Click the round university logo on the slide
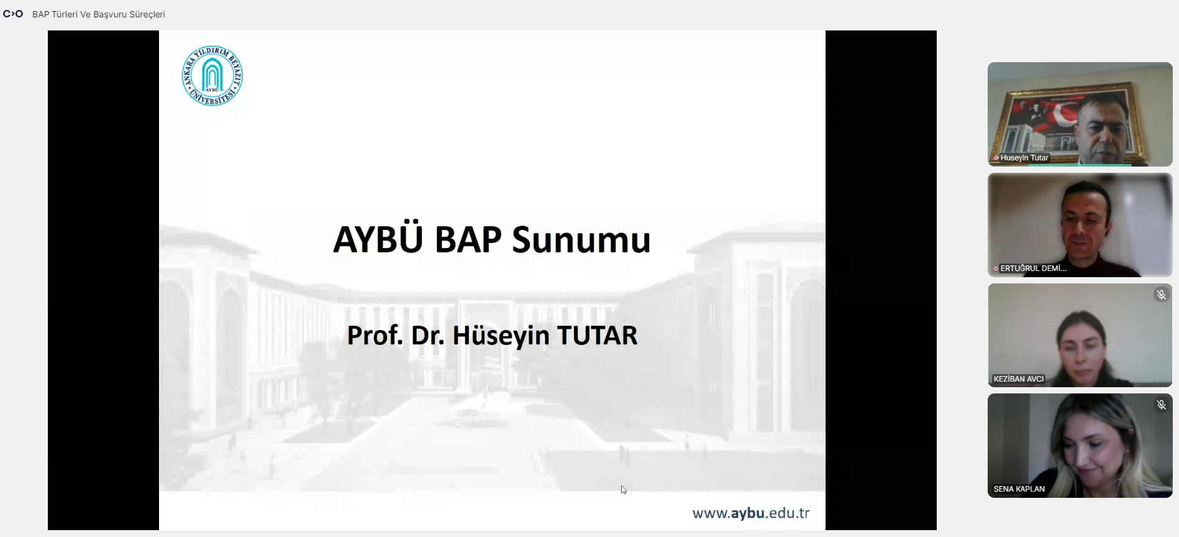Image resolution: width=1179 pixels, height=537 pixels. click(x=212, y=76)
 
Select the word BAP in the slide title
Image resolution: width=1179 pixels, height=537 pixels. click(x=468, y=240)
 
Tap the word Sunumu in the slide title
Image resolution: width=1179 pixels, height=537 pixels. click(x=581, y=241)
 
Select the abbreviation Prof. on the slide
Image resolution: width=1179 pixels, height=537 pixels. click(x=375, y=336)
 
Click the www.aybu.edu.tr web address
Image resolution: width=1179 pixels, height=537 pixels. click(x=751, y=513)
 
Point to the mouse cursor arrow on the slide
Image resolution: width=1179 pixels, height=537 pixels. click(x=624, y=490)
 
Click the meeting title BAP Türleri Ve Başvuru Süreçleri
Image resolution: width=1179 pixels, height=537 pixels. click(x=99, y=14)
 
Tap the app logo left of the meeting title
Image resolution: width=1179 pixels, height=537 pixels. click(x=13, y=14)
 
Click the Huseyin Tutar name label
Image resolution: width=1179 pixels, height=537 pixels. click(x=1024, y=158)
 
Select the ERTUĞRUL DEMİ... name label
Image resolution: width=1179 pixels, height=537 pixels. click(x=1033, y=268)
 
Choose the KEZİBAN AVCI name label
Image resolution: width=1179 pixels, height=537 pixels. click(x=1019, y=379)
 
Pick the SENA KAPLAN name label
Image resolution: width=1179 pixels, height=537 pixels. click(x=1019, y=489)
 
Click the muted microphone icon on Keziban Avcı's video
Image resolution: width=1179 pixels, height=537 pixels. click(x=1162, y=295)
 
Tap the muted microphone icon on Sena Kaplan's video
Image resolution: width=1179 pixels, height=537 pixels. click(x=1162, y=405)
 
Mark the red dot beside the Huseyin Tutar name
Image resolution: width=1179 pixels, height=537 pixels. click(x=996, y=158)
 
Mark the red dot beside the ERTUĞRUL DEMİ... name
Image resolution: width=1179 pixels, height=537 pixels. click(x=996, y=268)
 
